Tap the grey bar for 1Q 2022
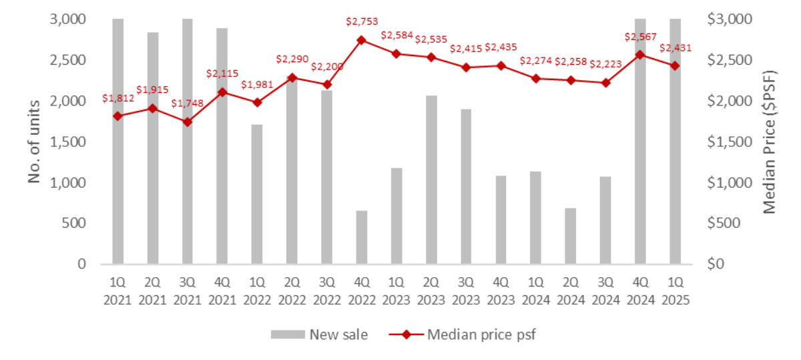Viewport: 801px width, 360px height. pyautogui.click(x=257, y=194)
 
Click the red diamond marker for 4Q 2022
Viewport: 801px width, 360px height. pyautogui.click(x=361, y=40)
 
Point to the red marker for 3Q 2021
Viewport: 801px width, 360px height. pyautogui.click(x=188, y=122)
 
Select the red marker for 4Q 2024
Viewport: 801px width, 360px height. pyautogui.click(x=640, y=55)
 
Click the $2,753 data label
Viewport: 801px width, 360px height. pyautogui.click(x=362, y=22)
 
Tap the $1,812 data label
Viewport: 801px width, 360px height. pyautogui.click(x=118, y=98)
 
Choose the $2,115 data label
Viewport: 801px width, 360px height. pyautogui.click(x=222, y=74)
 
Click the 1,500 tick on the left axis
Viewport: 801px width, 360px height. pyautogui.click(x=68, y=142)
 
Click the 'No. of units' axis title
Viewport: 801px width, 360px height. pyautogui.click(x=35, y=142)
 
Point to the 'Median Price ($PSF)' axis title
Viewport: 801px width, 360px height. pyautogui.click(x=771, y=141)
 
